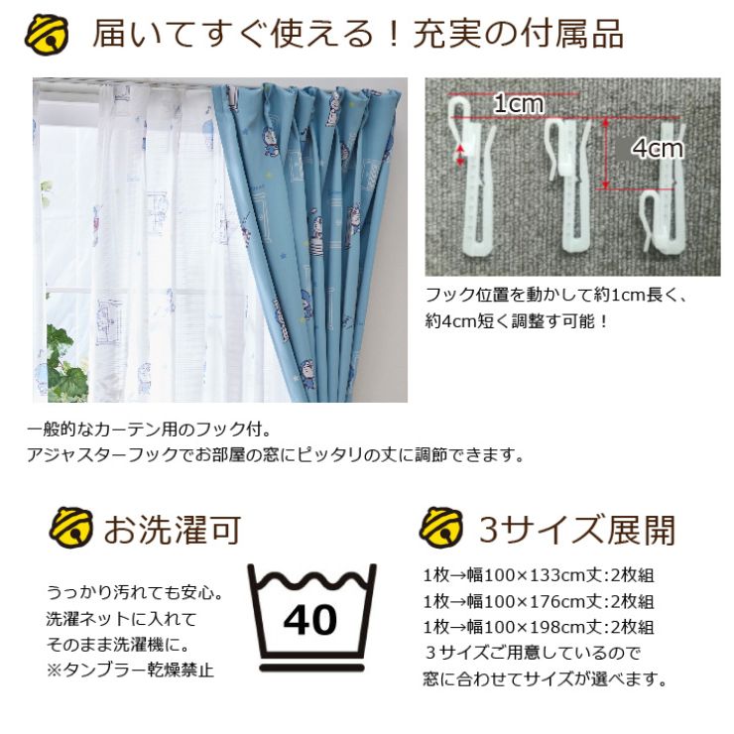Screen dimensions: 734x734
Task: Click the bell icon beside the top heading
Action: point(48,36)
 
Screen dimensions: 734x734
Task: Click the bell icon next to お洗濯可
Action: point(70,530)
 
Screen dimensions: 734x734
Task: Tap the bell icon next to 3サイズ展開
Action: point(441,529)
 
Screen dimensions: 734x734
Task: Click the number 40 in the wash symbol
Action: point(310,620)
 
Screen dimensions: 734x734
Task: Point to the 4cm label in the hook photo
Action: point(658,149)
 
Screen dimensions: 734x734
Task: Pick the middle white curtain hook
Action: point(572,183)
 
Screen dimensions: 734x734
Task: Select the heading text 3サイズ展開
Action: point(576,530)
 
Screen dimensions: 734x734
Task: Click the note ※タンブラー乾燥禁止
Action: point(130,670)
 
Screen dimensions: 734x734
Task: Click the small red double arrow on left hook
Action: point(460,154)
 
